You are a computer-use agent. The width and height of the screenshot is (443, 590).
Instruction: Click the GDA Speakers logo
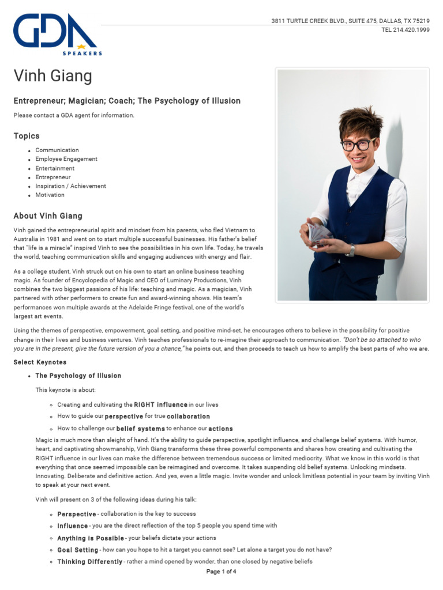(x=57, y=34)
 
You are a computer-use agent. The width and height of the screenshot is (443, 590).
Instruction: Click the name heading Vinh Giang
(x=52, y=76)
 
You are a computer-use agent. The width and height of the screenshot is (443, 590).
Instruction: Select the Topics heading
(x=27, y=136)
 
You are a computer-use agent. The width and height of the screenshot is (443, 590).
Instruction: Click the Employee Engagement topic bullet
(x=66, y=159)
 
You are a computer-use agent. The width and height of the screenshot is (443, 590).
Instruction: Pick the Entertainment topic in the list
(x=55, y=168)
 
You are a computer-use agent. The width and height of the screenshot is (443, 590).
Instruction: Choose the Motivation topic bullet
(x=50, y=195)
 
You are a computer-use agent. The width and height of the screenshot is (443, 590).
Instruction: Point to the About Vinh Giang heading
(x=48, y=216)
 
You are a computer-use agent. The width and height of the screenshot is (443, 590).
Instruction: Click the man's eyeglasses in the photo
(x=358, y=144)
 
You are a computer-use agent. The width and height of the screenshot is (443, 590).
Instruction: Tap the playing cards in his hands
(x=319, y=233)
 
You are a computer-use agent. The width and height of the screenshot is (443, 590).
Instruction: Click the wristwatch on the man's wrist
(x=351, y=250)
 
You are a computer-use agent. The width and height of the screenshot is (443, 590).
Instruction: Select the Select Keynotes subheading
(x=40, y=362)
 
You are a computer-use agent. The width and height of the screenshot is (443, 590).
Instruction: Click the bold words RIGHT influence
(x=160, y=404)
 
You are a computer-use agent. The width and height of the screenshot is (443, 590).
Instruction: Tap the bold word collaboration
(x=188, y=417)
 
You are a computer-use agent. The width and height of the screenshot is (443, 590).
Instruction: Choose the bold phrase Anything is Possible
(x=90, y=538)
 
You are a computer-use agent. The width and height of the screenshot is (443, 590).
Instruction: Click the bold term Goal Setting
(x=77, y=550)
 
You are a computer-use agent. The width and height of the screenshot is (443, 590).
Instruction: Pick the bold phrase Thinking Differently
(x=89, y=562)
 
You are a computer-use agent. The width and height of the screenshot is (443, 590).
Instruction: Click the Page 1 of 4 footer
(x=221, y=572)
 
